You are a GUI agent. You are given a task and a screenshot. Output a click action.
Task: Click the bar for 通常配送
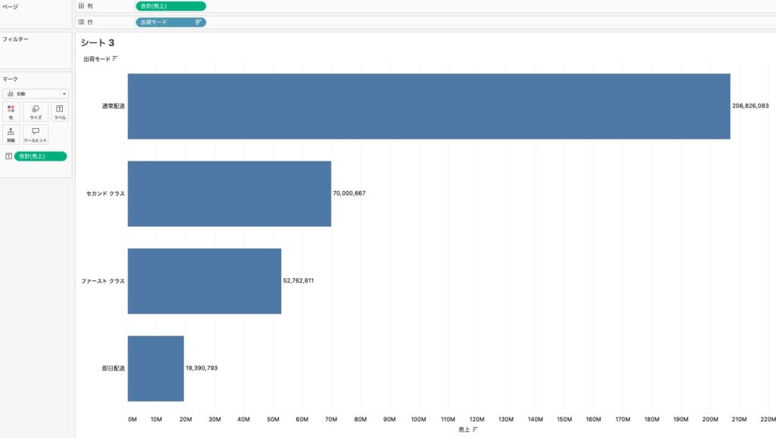(429, 106)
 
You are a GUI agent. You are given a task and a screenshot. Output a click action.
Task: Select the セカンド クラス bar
(230, 193)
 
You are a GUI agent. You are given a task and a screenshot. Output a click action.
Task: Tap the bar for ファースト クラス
(205, 280)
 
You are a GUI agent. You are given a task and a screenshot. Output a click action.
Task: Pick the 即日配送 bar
(156, 368)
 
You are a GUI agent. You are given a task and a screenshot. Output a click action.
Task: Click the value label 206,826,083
(750, 106)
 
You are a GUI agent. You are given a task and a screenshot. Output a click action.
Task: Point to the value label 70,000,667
(349, 193)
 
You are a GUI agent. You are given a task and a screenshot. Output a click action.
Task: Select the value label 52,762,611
(299, 280)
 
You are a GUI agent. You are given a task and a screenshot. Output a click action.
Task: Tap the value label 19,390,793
(202, 368)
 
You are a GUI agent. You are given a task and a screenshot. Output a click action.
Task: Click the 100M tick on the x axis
(418, 418)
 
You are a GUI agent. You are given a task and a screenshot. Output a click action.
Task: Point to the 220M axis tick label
(768, 418)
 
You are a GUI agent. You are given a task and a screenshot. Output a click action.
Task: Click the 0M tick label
(133, 418)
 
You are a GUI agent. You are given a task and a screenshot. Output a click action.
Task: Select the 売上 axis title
(464, 429)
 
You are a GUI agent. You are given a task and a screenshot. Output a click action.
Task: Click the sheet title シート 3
(97, 42)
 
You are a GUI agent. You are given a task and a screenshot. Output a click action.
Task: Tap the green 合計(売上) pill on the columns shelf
(171, 6)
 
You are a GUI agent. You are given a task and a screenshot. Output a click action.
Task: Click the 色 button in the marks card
(11, 112)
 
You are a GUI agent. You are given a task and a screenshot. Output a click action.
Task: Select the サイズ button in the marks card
(36, 112)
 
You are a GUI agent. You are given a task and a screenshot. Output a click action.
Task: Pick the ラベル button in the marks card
(60, 112)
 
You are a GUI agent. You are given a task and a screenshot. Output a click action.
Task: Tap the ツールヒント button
(36, 135)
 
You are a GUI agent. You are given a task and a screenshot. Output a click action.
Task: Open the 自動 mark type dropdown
(36, 94)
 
